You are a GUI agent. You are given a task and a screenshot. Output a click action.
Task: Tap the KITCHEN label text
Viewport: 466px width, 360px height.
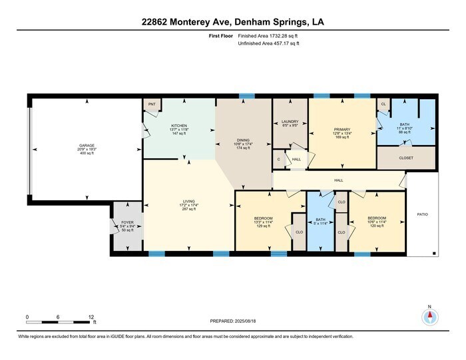[179, 125]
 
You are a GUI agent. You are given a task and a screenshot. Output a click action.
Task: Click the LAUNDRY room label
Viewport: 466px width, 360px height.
[290, 121]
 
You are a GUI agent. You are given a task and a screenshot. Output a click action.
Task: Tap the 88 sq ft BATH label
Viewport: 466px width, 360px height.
[404, 124]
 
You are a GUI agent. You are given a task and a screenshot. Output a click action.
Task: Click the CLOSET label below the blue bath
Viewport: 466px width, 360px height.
[406, 158]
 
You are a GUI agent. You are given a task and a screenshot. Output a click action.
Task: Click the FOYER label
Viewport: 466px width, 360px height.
[126, 223]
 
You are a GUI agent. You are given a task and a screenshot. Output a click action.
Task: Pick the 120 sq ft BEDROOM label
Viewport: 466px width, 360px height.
[377, 218]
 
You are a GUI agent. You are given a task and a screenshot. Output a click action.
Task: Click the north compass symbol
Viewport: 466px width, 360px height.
[430, 316]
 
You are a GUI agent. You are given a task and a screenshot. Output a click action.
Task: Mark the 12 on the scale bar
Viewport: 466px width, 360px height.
[91, 317]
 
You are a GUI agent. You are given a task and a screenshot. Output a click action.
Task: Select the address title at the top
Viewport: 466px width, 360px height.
[232, 22]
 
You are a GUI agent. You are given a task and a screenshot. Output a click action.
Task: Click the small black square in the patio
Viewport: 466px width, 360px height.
[434, 253]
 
